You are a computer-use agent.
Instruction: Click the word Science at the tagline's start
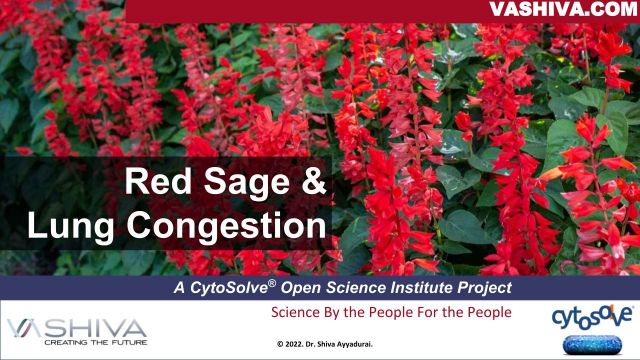(x=297, y=313)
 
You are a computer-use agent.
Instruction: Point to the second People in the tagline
(x=484, y=313)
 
